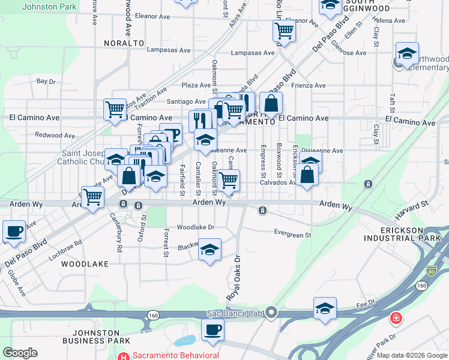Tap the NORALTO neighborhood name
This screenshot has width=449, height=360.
coord(124,43)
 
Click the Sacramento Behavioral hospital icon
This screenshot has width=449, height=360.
coord(124,355)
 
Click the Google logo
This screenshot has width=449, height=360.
coord(20,352)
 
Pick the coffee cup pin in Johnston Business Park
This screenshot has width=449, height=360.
coord(212,329)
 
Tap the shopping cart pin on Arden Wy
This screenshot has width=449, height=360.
coord(92,197)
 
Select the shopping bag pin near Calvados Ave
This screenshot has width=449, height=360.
coord(307,175)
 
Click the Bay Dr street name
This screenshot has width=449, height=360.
coord(46,81)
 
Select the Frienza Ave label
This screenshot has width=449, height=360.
coord(308,85)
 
